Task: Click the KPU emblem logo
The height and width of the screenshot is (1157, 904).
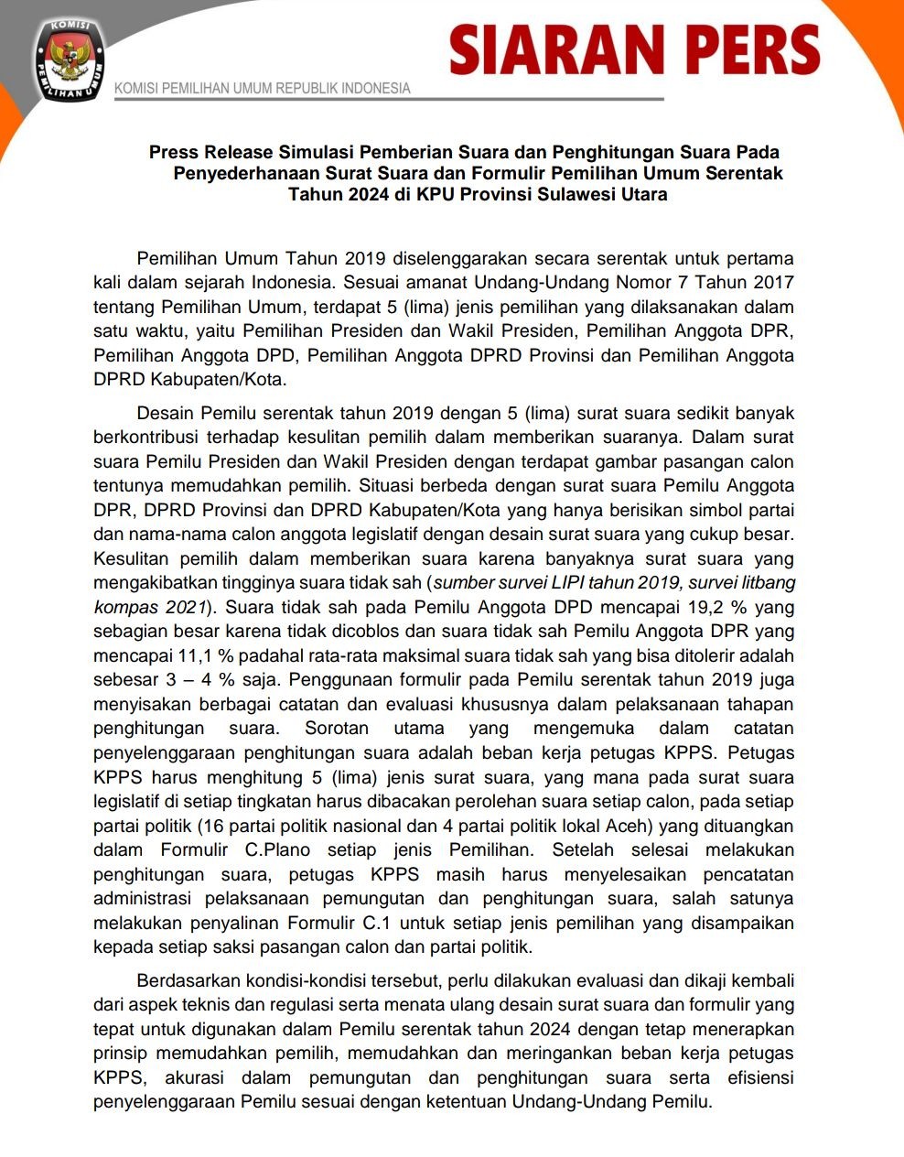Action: pyautogui.click(x=69, y=59)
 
